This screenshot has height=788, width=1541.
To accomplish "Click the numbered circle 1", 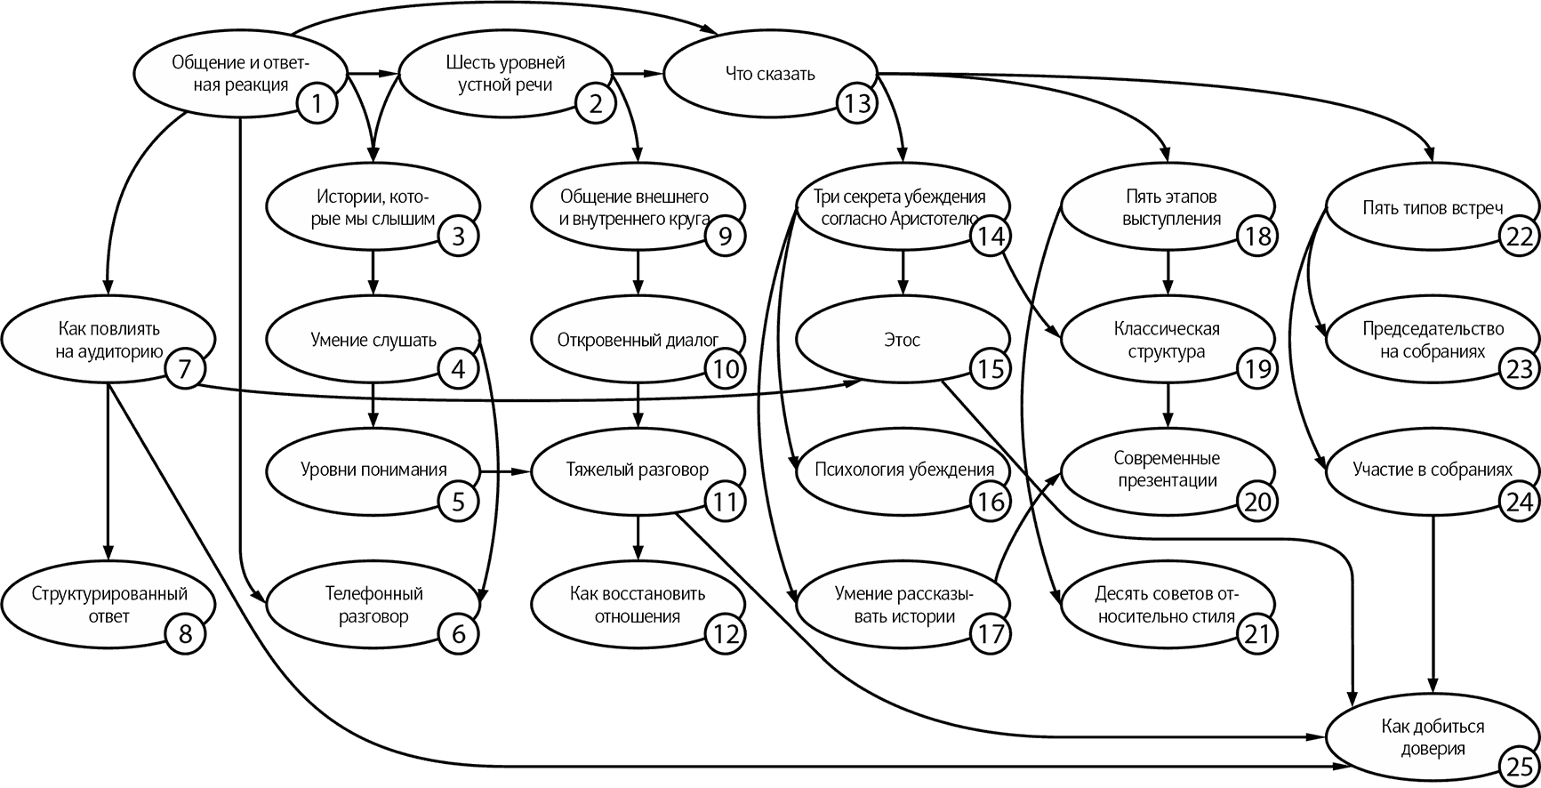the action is [317, 104].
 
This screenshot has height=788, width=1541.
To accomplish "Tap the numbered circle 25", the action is [1519, 766].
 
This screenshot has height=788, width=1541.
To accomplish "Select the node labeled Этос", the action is [903, 340].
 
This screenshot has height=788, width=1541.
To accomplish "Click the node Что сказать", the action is [770, 74].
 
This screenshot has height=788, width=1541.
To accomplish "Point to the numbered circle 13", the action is [856, 104].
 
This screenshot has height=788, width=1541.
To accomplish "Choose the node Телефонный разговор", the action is [373, 605].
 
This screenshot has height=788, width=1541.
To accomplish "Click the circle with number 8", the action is [185, 634].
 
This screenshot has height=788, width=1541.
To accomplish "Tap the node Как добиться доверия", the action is [1433, 738].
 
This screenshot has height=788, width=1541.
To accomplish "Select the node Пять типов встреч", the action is [1433, 208].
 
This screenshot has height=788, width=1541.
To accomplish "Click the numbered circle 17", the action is [990, 634].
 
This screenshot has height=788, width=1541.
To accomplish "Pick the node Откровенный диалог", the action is [638, 340].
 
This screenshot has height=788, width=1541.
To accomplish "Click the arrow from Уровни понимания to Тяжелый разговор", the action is [505, 470].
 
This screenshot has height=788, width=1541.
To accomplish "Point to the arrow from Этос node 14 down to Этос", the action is [903, 274].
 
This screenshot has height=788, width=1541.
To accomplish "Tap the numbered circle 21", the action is [1256, 634].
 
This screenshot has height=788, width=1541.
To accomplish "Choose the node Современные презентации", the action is [1168, 470].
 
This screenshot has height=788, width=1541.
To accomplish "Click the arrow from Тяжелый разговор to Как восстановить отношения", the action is [638, 539].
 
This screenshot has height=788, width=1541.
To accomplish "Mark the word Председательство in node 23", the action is [1433, 329].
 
